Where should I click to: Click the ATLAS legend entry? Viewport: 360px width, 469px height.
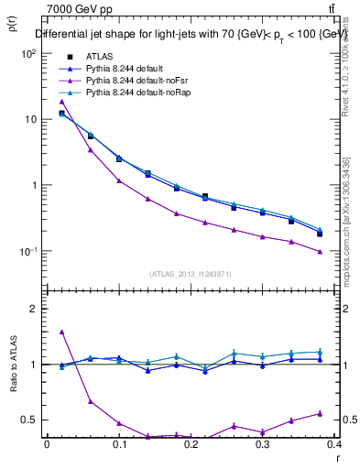click(x=98, y=58)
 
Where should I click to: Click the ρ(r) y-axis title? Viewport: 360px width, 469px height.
click(x=12, y=27)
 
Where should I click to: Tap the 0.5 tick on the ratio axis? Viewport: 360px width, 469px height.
click(x=30, y=420)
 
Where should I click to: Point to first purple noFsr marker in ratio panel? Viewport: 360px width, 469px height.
click(x=61, y=332)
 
